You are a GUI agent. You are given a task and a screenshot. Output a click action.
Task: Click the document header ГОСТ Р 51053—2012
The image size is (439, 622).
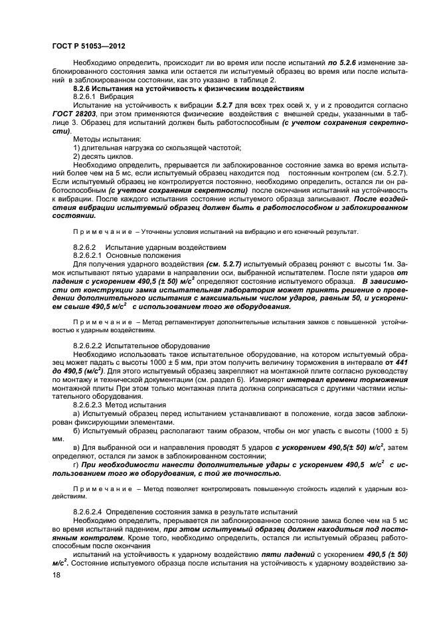88,46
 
